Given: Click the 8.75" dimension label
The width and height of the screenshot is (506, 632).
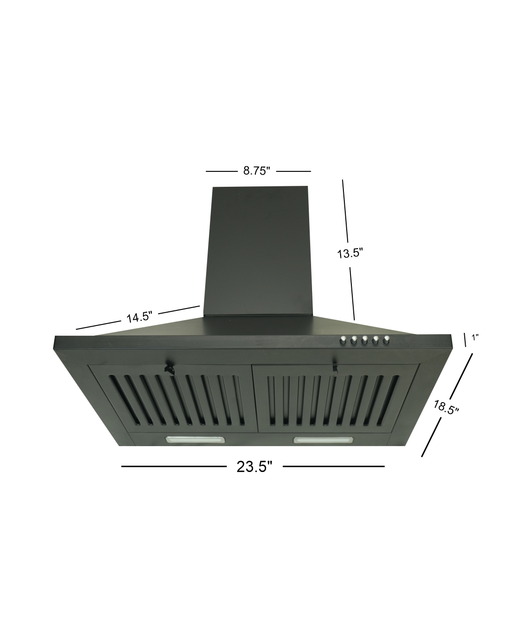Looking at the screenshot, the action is pyautogui.click(x=256, y=170).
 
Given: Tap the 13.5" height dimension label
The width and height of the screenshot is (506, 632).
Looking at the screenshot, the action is pyautogui.click(x=350, y=253).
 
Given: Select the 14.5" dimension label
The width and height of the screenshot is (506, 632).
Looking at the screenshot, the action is pyautogui.click(x=139, y=317).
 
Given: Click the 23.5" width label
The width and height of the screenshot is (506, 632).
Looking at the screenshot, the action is pyautogui.click(x=254, y=467).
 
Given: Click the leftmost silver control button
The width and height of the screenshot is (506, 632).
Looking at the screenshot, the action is pyautogui.click(x=343, y=340).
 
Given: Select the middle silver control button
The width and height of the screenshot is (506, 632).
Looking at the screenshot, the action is pyautogui.click(x=365, y=339).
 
